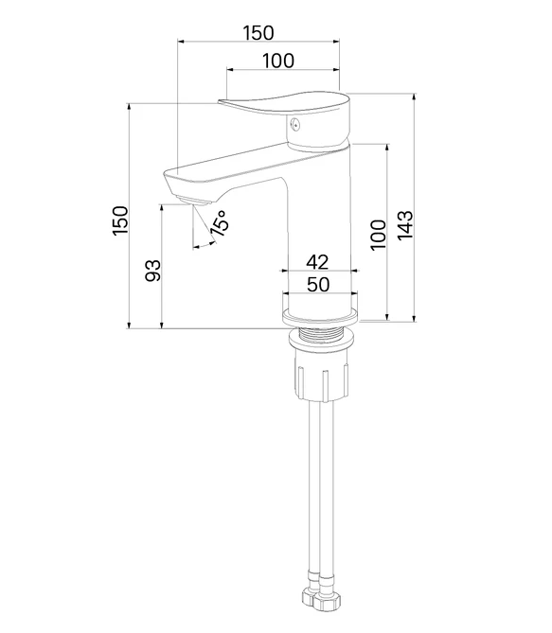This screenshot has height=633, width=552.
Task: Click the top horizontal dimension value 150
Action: coord(258,33)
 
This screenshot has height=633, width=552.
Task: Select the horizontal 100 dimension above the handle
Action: coord(278,61)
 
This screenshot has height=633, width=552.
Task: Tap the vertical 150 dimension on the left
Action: coord(120,220)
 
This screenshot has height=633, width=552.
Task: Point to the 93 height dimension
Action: coord(153,271)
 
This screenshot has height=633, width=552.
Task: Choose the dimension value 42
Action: coord(317,262)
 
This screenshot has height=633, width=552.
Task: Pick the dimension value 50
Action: coord(318,285)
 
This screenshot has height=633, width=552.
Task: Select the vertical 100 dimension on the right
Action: coord(378,235)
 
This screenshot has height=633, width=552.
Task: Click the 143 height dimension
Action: coord(406,225)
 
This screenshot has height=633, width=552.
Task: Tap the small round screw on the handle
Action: coord(295,125)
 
